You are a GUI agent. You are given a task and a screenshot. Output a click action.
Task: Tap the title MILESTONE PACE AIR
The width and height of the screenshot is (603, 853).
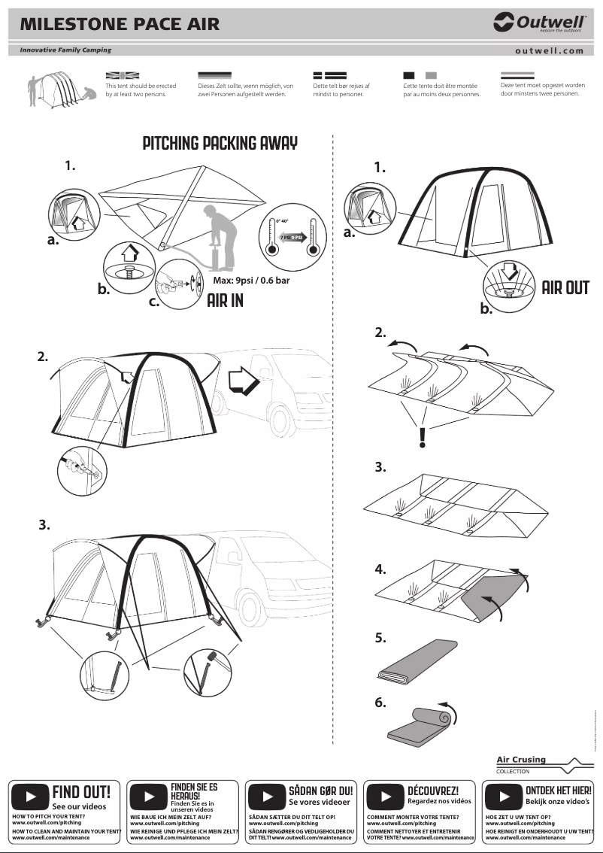click(120, 24)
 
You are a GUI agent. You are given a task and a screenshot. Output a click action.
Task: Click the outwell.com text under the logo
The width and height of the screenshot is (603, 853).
click(549, 51)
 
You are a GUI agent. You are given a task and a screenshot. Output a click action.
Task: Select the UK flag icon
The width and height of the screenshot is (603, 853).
click(123, 75)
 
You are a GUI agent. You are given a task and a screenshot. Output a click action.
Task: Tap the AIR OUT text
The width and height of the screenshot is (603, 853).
click(565, 287)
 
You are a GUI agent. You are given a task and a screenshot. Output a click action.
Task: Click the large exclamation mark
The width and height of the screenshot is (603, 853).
click(423, 436)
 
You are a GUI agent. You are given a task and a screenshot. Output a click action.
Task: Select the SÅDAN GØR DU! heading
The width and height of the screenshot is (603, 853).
click(320, 791)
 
